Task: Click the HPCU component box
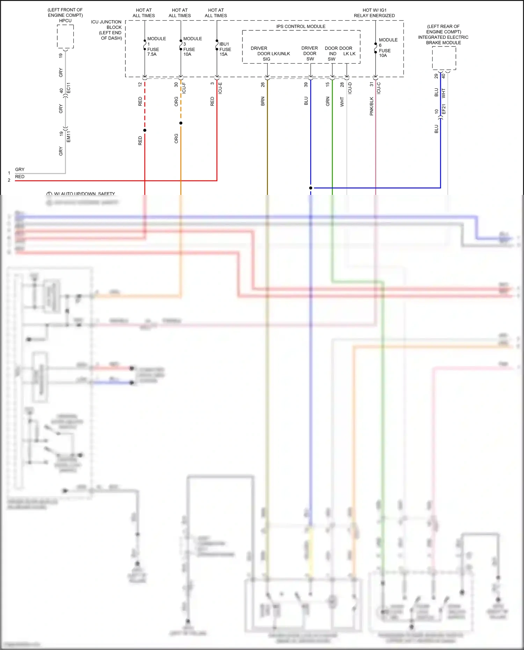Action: (65, 37)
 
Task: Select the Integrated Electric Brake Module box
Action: (444, 58)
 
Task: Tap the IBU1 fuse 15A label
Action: (225, 49)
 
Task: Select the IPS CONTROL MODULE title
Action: (301, 27)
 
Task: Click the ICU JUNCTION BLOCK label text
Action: (107, 30)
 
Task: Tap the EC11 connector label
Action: (68, 88)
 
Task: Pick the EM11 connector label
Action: (68, 137)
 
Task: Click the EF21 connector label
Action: (444, 109)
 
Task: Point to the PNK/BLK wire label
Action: (371, 106)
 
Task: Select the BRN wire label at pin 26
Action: (263, 101)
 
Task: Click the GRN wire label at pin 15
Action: (328, 101)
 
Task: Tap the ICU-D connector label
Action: (350, 88)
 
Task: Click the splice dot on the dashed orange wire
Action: (181, 123)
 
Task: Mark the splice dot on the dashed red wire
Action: (145, 130)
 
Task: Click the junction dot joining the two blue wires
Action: (311, 188)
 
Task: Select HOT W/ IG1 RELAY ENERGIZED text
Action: (374, 13)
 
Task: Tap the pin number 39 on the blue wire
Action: (306, 85)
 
